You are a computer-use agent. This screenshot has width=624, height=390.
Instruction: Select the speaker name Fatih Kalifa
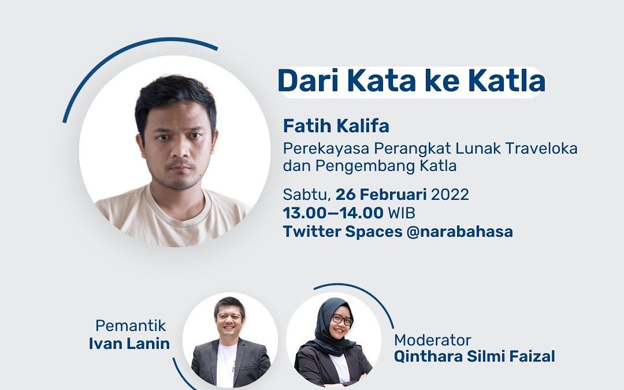336,126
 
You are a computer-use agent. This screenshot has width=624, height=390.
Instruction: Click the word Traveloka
541,148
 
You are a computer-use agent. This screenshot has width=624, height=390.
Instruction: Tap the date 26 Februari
381,195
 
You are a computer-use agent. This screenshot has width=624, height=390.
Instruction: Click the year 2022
450,195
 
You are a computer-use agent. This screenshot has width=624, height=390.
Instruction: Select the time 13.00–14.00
333,213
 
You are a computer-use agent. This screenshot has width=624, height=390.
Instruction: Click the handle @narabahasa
460,231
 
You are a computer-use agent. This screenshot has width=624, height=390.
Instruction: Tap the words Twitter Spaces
343,232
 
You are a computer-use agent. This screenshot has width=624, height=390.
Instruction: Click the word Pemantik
131,325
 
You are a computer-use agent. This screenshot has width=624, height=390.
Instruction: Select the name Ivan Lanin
129,343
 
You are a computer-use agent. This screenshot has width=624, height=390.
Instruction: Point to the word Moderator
433,340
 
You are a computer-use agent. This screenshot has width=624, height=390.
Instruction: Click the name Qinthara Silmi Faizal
474,356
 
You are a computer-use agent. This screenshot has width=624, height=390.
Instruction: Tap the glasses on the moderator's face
342,320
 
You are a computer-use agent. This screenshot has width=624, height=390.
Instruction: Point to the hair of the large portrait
175,99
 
